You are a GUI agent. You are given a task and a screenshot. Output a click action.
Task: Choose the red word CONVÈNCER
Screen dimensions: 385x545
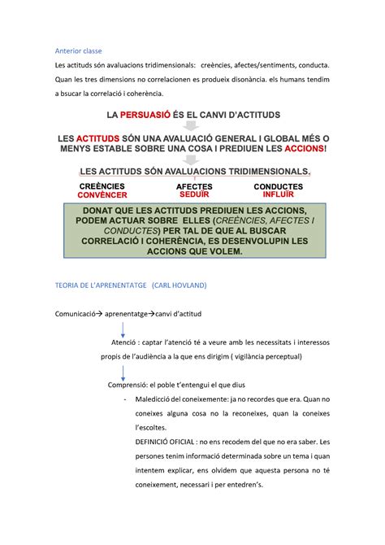point(102,196)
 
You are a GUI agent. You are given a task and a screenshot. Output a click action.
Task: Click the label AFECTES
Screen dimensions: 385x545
point(194,187)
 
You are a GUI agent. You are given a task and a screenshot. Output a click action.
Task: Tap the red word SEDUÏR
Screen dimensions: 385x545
point(194,196)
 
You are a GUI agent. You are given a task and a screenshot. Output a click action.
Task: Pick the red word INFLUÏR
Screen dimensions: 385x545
point(279,196)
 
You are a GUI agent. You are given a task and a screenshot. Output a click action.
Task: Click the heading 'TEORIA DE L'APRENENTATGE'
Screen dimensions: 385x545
point(98,286)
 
